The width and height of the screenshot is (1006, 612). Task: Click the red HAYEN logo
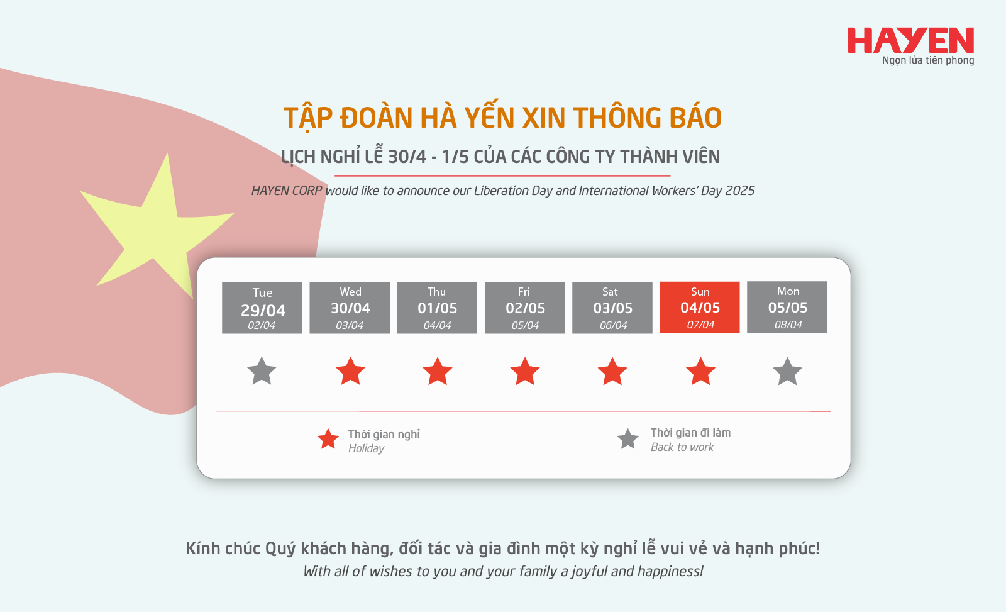point(910,40)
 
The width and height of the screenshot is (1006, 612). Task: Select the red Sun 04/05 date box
point(699,308)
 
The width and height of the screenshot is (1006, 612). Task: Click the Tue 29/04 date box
point(262,308)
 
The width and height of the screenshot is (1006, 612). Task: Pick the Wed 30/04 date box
point(350,308)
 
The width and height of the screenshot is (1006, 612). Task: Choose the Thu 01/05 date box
point(436,308)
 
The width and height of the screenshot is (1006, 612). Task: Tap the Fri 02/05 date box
point(524,308)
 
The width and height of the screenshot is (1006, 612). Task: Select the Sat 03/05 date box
point(612,308)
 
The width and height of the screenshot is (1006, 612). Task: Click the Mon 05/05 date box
point(787,308)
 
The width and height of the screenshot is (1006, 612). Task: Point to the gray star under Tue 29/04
point(262,372)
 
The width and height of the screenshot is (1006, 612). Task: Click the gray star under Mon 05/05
point(787,372)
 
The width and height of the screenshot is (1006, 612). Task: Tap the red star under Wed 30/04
point(350,372)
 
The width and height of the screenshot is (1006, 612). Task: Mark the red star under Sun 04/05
point(700,372)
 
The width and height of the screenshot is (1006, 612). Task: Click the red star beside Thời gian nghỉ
point(328,440)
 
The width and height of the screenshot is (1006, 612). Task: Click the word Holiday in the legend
point(366,448)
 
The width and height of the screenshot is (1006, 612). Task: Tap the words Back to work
point(682,447)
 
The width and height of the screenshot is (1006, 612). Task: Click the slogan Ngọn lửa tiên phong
point(928,60)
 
